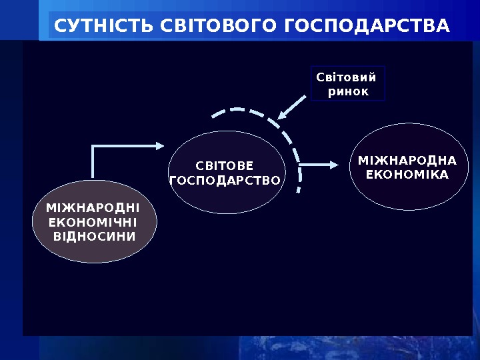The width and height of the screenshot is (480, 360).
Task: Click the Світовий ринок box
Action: (348, 83)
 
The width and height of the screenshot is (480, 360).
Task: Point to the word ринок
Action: (348, 90)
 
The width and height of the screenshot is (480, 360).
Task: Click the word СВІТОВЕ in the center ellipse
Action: (225, 165)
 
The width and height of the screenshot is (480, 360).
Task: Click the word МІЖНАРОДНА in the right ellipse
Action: (407, 161)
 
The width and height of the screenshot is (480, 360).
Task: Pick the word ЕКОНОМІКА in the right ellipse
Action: (407, 174)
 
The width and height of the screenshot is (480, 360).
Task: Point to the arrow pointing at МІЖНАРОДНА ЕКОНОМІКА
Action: (319, 164)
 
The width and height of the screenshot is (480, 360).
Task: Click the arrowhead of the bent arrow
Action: (159, 144)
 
